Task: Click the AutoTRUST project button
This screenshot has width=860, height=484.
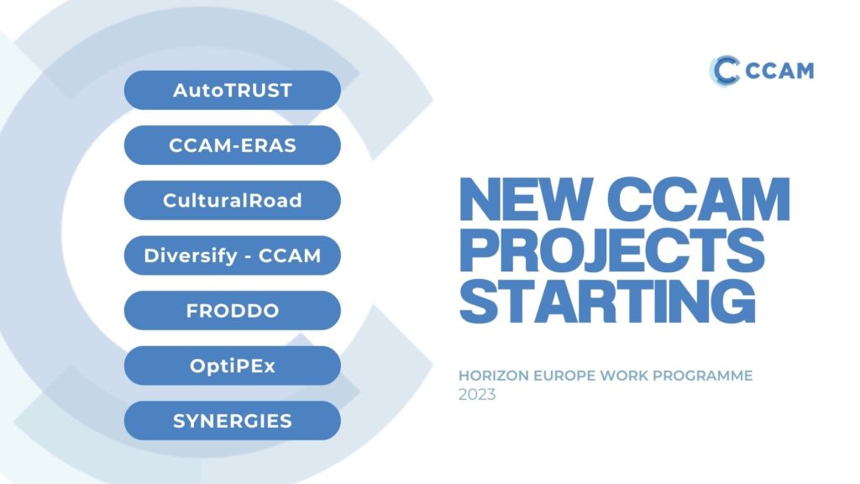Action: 232,90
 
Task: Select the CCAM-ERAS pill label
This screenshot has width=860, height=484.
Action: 232,145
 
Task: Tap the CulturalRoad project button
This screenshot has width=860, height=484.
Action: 232,200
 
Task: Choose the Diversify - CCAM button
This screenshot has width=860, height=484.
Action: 232,255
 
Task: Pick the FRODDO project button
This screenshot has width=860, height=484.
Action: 232,310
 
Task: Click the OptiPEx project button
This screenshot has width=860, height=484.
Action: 232,366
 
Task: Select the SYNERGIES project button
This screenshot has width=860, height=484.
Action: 232,420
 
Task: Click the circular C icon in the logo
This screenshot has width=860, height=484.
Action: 724,70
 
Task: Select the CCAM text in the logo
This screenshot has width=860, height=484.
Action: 779,71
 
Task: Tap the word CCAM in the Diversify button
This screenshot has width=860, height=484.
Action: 293,255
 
